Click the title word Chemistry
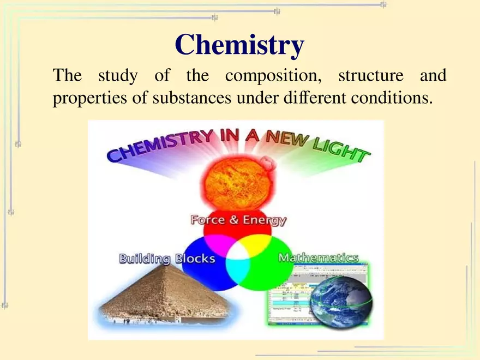pyautogui.click(x=239, y=45)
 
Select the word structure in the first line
pyautogui.click(x=370, y=76)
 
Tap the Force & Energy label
pyautogui.click(x=238, y=220)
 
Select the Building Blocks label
pyautogui.click(x=167, y=259)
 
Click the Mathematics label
pyautogui.click(x=319, y=257)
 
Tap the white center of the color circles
pyautogui.click(x=238, y=253)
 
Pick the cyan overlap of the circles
pyautogui.click(x=238, y=269)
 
